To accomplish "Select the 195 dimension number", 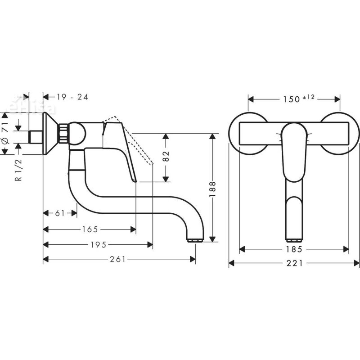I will pos(98,245).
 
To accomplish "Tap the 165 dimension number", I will pos(90,229).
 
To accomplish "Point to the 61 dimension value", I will pos(59,213).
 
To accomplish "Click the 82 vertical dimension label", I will pos(166,157).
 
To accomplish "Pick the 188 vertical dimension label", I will pos(213,189).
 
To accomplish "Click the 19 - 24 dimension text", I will pos(72,97).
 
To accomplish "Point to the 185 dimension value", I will pos(294,249).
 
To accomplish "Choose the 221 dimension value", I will pos(294,263).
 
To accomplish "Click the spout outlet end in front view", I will pos(294,238).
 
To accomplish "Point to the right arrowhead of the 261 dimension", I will pos(194,259).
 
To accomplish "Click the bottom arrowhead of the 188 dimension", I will pos(213,239).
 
